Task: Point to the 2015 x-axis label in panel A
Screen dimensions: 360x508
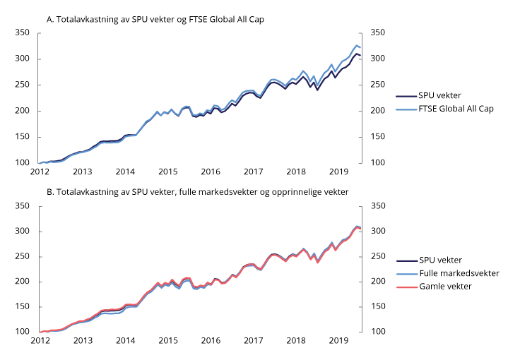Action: [167, 172]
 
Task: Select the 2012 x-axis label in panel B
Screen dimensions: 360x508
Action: [40, 341]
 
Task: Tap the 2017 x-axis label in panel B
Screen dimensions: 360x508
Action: [252, 341]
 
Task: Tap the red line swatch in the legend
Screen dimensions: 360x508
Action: [406, 286]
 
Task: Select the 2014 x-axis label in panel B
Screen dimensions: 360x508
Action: [125, 341]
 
